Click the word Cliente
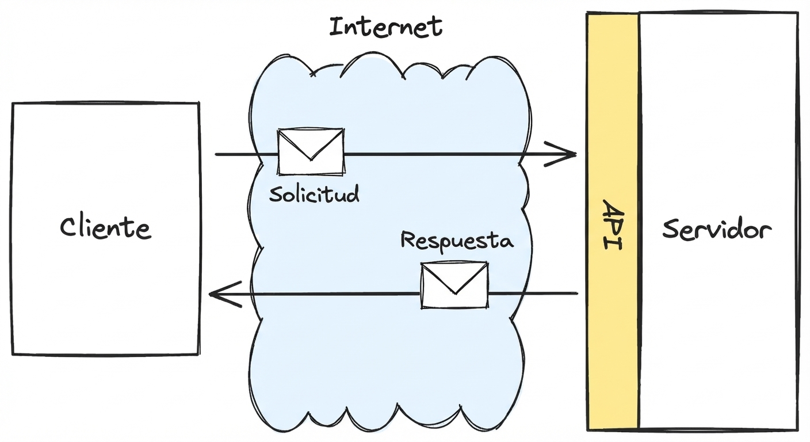105,228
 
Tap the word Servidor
716,230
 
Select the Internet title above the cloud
385,27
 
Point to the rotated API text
612,224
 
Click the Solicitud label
314,194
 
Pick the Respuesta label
456,240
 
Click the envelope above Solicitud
311,151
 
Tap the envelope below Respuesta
454,285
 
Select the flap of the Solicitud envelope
311,144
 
